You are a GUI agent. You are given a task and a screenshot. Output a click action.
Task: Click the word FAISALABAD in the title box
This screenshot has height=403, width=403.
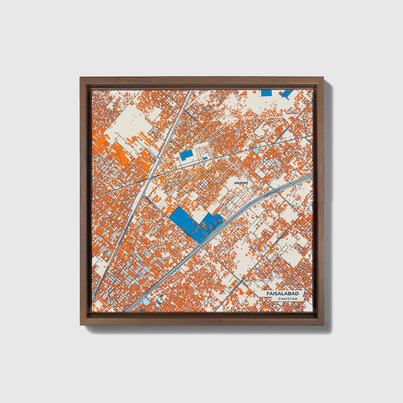[282, 294]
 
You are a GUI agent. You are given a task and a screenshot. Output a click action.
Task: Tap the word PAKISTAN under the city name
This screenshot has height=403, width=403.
[287, 299]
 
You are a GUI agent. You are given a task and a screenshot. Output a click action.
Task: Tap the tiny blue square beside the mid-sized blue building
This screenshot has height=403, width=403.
[205, 158]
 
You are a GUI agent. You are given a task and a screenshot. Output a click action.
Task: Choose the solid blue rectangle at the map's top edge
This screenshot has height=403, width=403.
[267, 93]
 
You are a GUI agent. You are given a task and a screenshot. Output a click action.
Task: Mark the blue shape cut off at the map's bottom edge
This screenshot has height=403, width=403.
[142, 310]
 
